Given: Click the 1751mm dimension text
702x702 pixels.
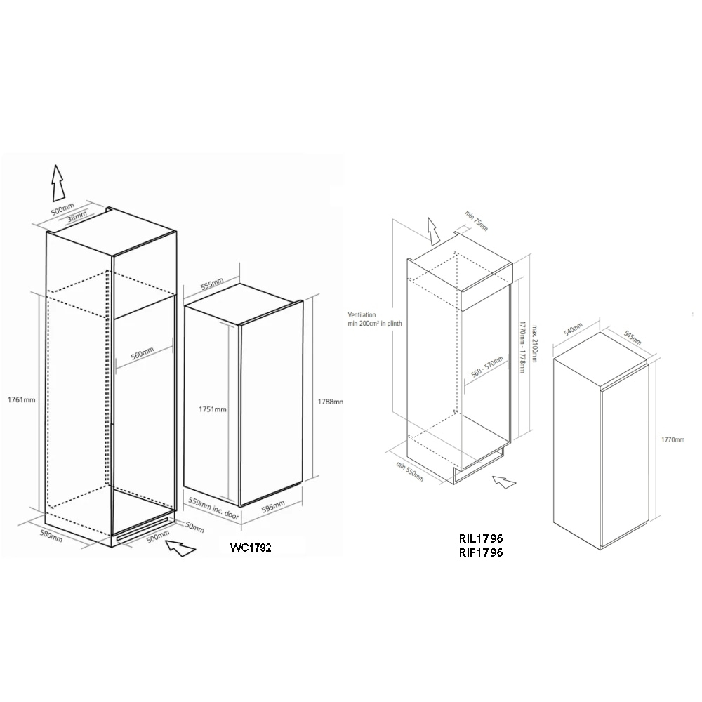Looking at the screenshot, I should [x=212, y=409].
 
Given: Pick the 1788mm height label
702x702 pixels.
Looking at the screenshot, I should [x=329, y=402].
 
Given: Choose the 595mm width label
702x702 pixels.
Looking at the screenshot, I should [x=271, y=506].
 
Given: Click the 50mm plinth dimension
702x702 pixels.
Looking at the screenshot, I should [x=194, y=526].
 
